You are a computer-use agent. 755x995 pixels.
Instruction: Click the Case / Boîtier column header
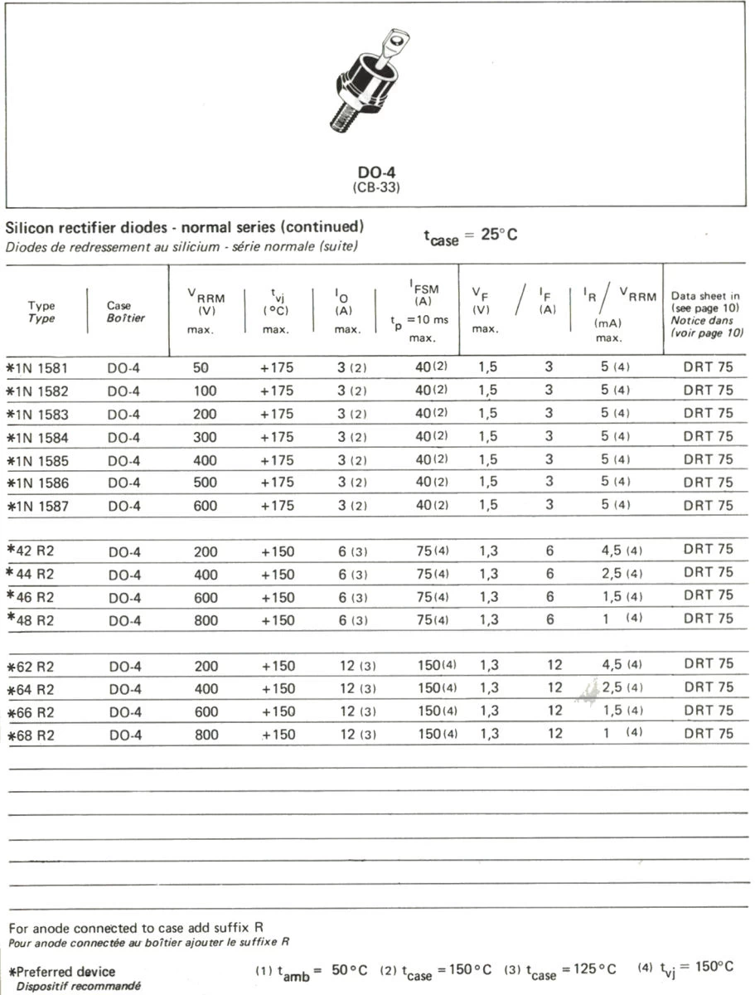click(125, 312)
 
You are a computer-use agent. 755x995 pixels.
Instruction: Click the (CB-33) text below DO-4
click(376, 187)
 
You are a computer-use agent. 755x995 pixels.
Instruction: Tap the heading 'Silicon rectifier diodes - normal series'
click(184, 227)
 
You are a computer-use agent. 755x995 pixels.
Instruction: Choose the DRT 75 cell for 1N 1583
click(708, 413)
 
